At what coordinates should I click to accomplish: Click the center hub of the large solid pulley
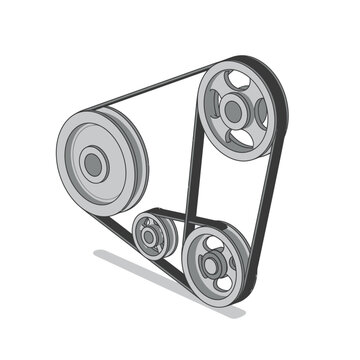93,164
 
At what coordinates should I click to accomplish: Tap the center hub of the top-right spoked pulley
233,111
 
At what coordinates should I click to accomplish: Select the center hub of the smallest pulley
149,237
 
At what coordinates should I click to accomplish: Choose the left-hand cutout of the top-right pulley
211,108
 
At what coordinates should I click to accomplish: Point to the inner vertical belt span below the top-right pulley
193,180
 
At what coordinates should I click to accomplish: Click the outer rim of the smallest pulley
138,228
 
